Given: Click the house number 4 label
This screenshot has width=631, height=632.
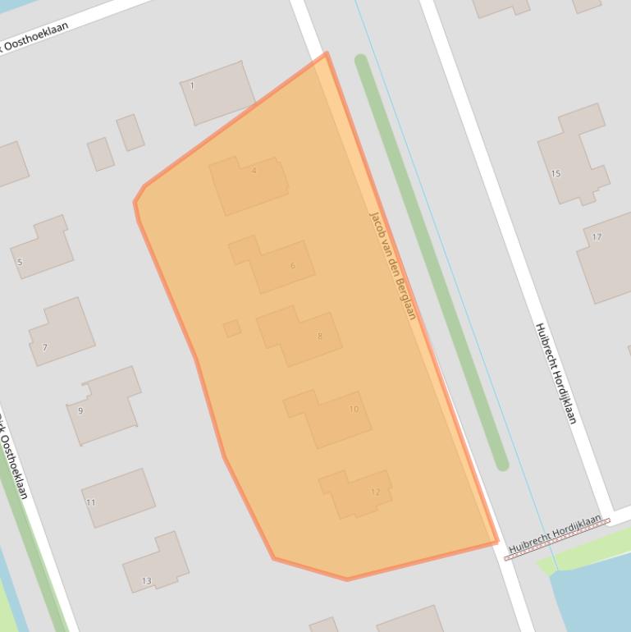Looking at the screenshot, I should (x=254, y=171).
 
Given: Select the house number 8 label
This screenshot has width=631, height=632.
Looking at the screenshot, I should (x=319, y=336).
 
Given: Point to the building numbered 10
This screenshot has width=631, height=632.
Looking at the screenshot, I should (x=332, y=417).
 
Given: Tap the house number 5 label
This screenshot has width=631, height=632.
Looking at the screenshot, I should (x=20, y=263).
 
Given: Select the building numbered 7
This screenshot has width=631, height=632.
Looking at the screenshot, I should (x=62, y=331).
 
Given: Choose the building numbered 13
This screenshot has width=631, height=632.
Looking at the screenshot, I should (x=156, y=564).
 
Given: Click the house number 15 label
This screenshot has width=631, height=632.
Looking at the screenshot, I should (x=556, y=173).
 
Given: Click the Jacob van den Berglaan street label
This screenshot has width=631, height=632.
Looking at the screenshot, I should (x=393, y=265).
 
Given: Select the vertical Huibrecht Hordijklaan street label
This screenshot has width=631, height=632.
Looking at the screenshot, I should (x=556, y=373).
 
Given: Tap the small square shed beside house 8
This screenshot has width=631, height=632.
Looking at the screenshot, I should (x=232, y=328).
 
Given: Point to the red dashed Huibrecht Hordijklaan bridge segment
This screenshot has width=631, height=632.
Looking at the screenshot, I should (x=556, y=538).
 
